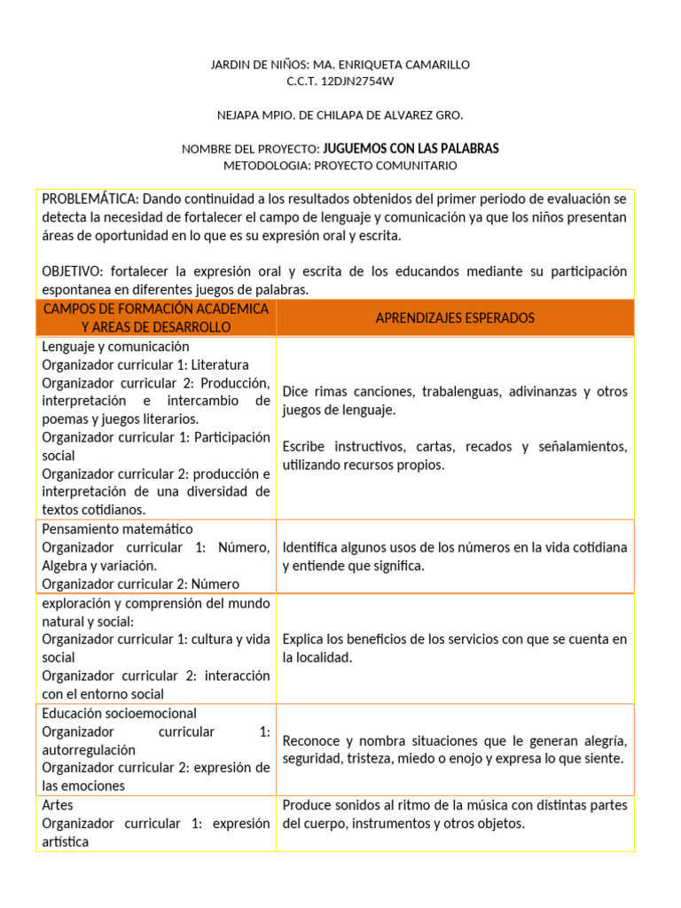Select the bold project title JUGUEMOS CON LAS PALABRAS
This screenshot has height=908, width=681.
411,148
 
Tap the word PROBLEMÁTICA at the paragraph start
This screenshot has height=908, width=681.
90,199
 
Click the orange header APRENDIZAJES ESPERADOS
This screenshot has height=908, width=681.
455,317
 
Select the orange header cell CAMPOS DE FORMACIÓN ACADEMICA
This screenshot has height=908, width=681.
155,309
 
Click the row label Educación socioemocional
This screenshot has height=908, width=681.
119,713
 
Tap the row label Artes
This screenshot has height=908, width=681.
57,805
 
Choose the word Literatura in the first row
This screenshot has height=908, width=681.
217,364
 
